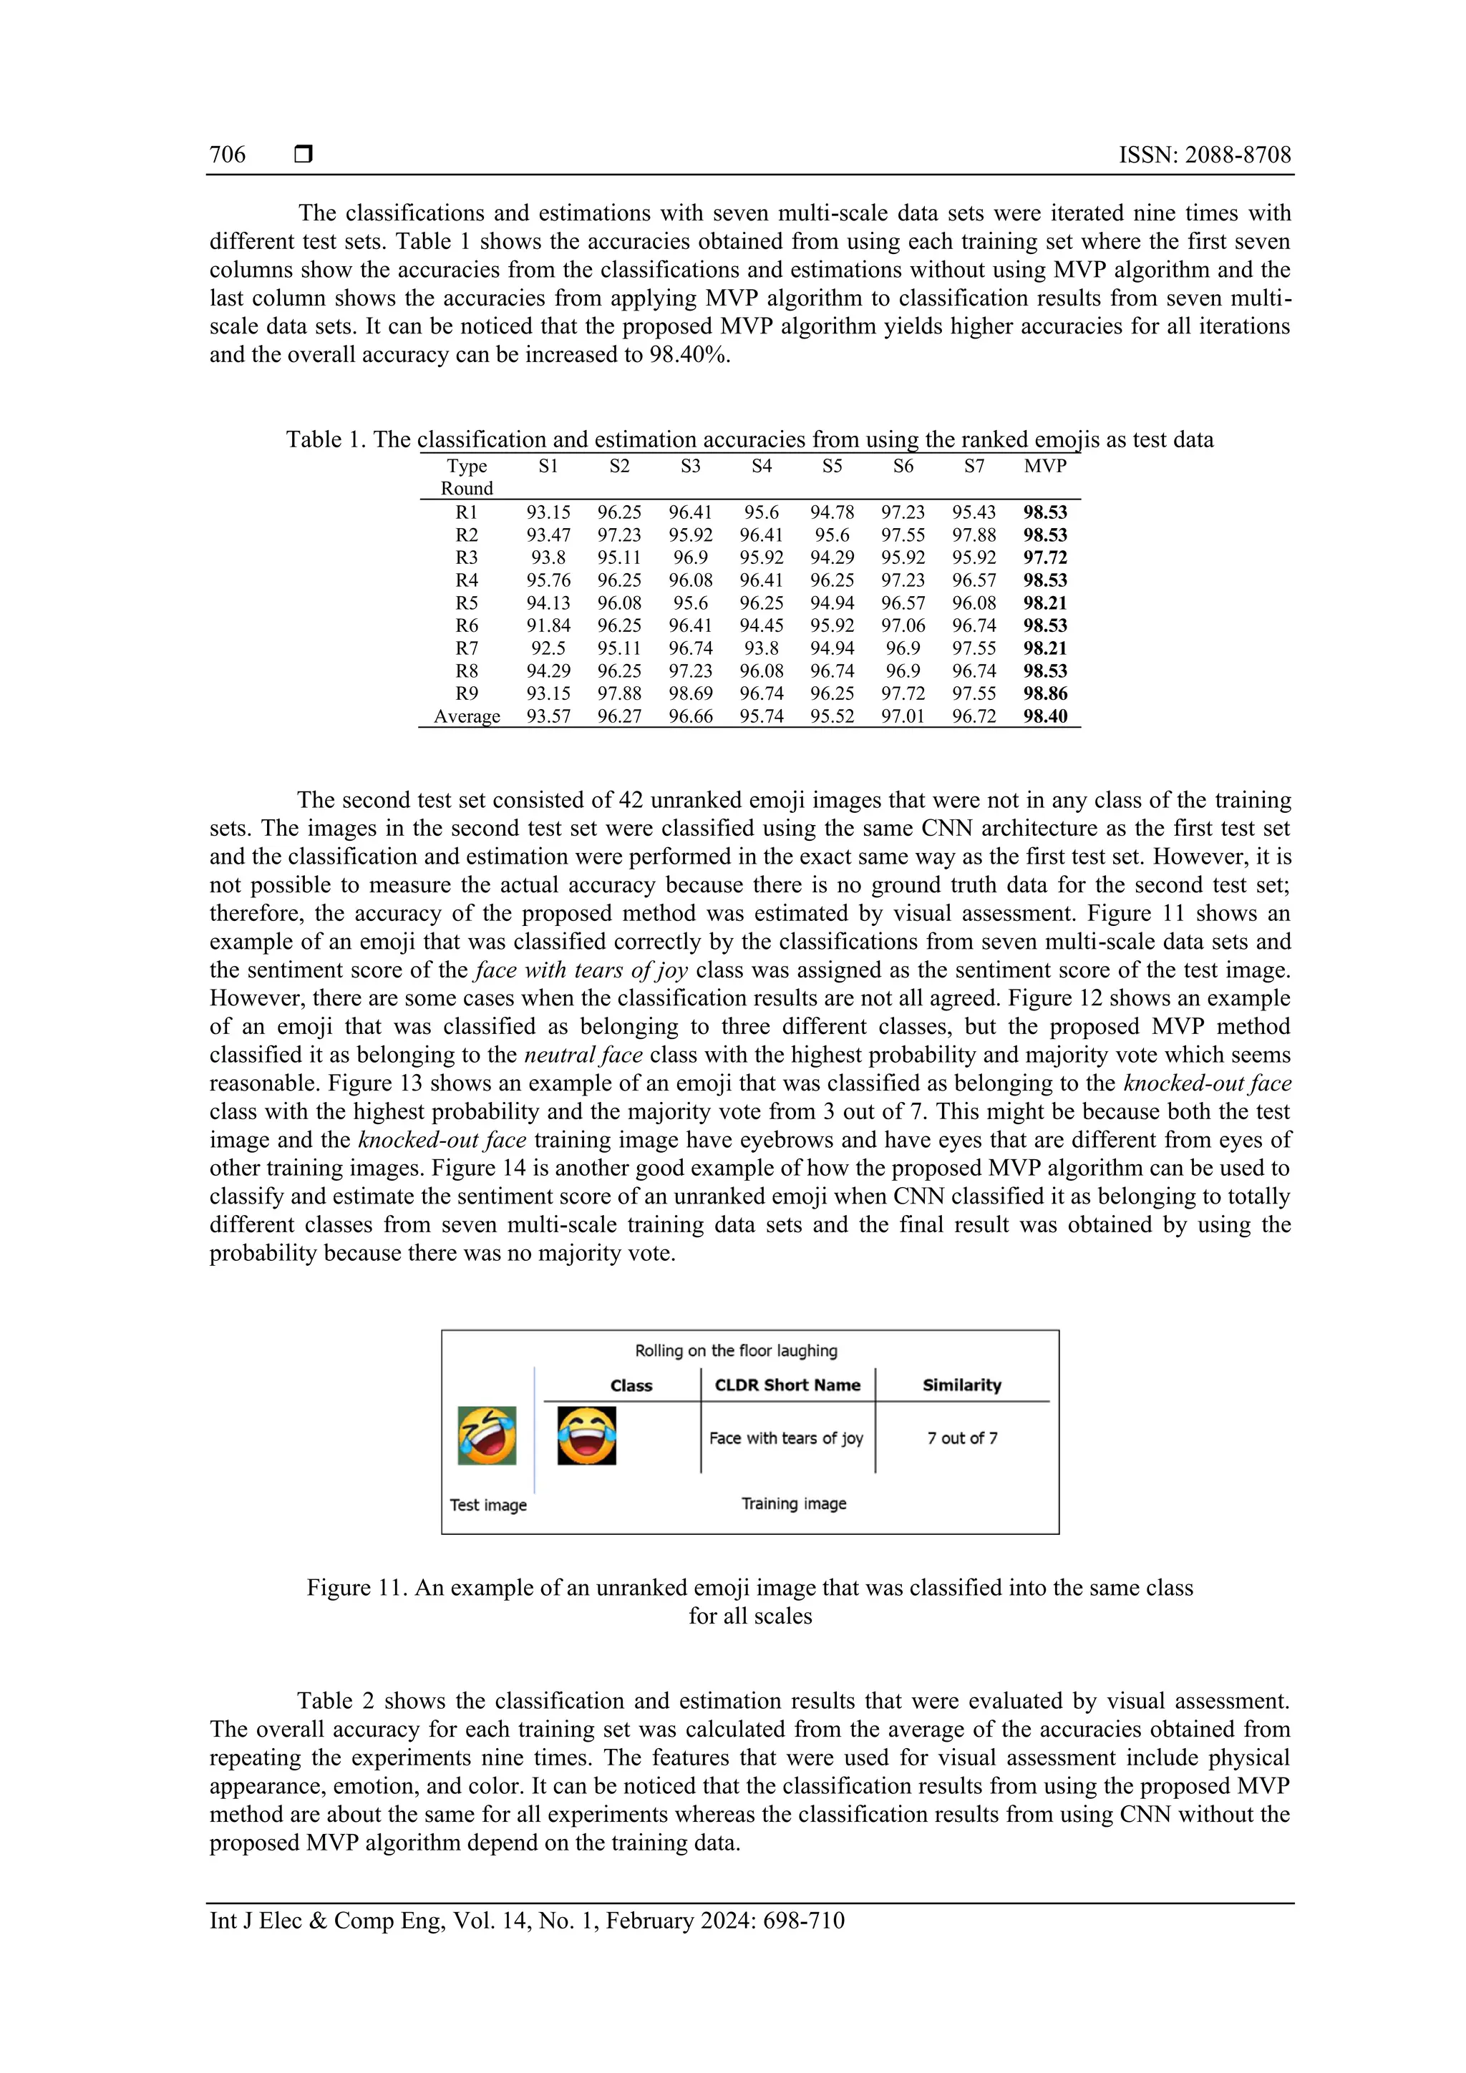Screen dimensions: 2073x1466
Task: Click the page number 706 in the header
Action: tap(228, 155)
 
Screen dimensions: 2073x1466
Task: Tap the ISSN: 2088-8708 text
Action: tap(1204, 155)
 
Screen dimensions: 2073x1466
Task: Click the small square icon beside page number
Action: tap(304, 155)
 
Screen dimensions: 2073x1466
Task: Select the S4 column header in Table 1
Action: tap(762, 466)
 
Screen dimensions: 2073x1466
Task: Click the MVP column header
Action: tap(1045, 466)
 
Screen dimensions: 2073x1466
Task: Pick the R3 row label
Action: tap(466, 557)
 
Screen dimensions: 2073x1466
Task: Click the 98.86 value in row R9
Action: tap(1045, 693)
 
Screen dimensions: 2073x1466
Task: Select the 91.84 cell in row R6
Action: tap(548, 625)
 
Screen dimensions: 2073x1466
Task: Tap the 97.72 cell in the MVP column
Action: tap(1045, 557)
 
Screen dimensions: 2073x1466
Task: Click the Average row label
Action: tap(466, 717)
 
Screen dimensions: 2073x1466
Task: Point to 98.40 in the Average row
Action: tap(1045, 717)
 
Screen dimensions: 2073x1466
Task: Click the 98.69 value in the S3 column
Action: tap(690, 693)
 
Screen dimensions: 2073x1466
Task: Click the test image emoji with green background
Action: tap(487, 1435)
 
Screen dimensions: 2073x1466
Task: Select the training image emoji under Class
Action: tap(586, 1435)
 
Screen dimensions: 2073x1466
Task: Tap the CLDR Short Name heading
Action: tap(787, 1385)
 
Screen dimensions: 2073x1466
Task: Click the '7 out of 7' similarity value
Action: tap(962, 1438)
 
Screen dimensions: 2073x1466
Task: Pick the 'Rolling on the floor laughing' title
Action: tap(735, 1351)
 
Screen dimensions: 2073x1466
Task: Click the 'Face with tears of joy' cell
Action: tap(786, 1438)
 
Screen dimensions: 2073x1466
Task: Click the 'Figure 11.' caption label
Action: tap(356, 1587)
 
